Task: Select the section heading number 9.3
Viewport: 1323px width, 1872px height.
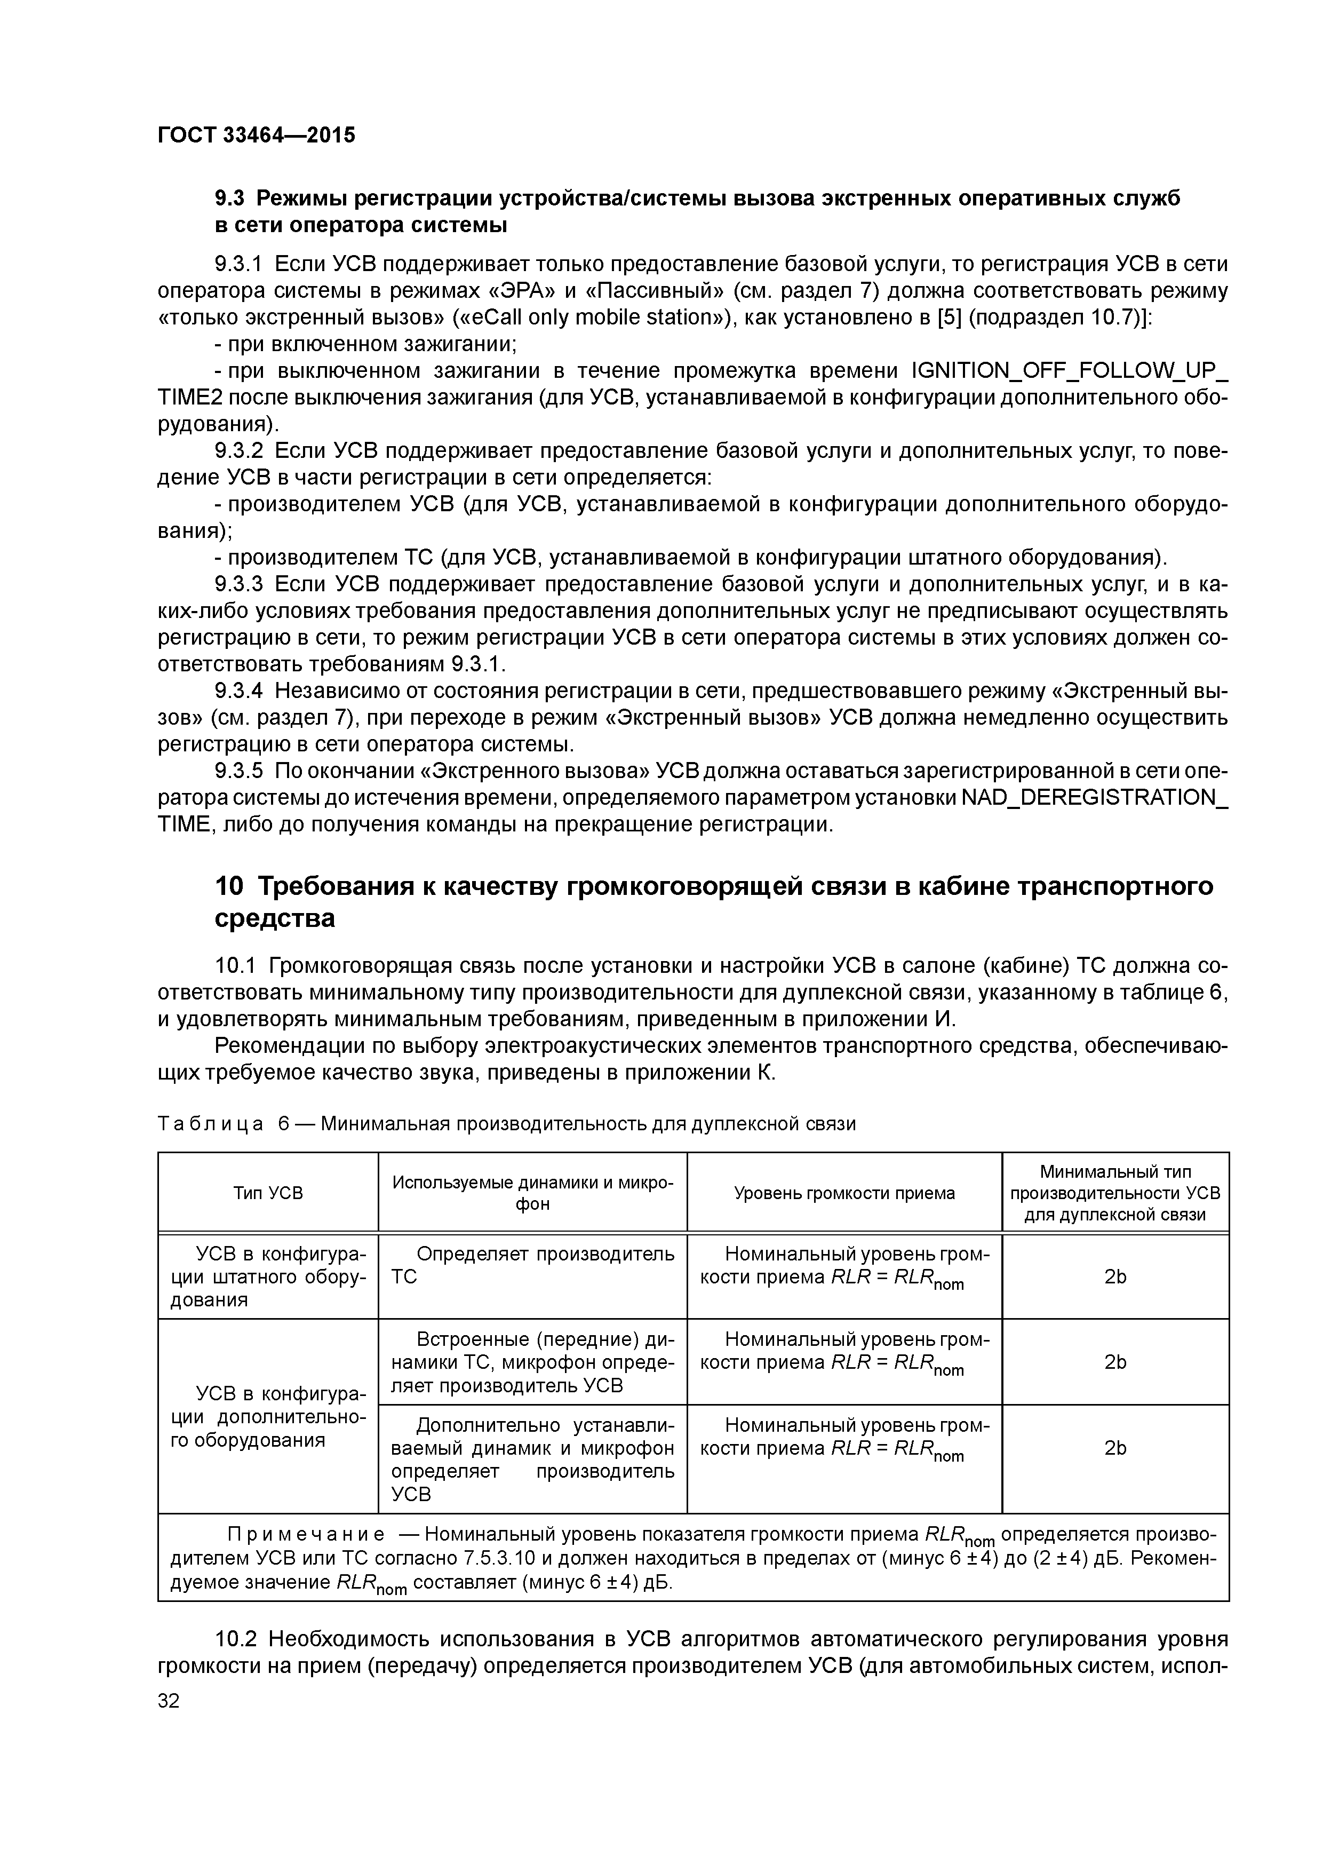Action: (x=230, y=198)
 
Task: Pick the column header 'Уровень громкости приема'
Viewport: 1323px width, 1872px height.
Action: (x=844, y=1193)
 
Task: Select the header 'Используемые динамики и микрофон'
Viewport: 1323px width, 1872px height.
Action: (x=532, y=1193)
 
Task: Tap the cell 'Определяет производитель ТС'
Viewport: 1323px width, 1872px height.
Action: (x=532, y=1265)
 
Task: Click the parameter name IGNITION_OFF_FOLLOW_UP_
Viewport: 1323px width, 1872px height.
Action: (x=1069, y=371)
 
